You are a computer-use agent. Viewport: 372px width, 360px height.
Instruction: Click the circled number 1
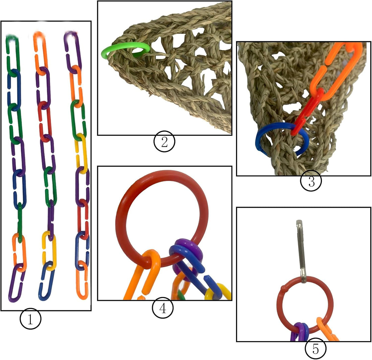coord(30,318)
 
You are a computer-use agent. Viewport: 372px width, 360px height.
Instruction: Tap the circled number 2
coord(164,142)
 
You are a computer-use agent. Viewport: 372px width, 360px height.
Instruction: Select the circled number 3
coord(311,181)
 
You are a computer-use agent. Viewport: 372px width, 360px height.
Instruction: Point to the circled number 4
coord(163,308)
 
